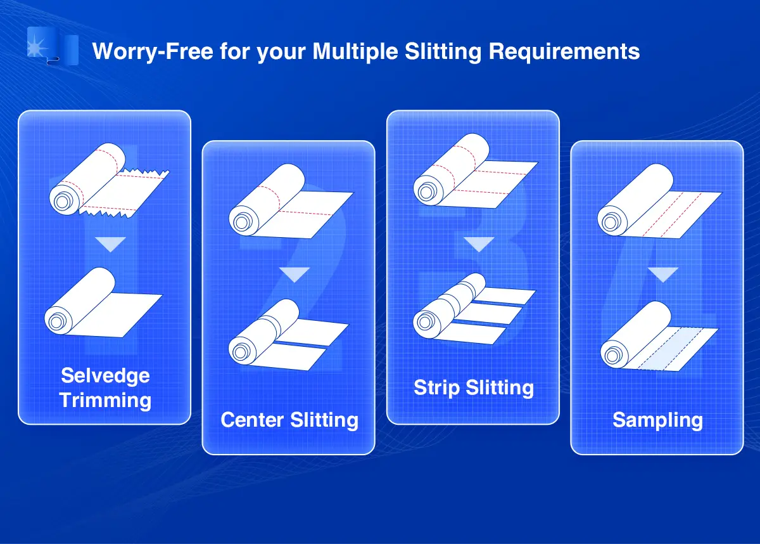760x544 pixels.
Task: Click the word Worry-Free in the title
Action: pos(153,51)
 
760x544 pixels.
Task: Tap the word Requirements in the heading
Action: pos(564,51)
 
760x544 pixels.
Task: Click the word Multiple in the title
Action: pos(355,51)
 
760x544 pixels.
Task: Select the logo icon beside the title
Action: pos(53,46)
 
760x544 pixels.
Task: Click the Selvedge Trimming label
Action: pos(105,388)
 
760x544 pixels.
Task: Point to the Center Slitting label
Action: pos(289,420)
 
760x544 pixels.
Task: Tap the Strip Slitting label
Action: pos(474,387)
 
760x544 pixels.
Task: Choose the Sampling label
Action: pos(657,420)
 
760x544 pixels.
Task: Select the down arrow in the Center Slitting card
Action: pos(294,275)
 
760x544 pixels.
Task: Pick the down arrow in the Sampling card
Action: pos(663,275)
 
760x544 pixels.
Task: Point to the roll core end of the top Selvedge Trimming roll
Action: pos(62,202)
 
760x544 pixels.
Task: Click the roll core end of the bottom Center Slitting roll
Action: pos(241,352)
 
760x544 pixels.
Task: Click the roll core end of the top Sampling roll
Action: pos(610,223)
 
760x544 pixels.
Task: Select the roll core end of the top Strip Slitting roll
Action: pos(426,192)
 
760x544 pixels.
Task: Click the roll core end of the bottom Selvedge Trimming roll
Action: pos(56,321)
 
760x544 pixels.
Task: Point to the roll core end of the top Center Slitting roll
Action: pos(241,223)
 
